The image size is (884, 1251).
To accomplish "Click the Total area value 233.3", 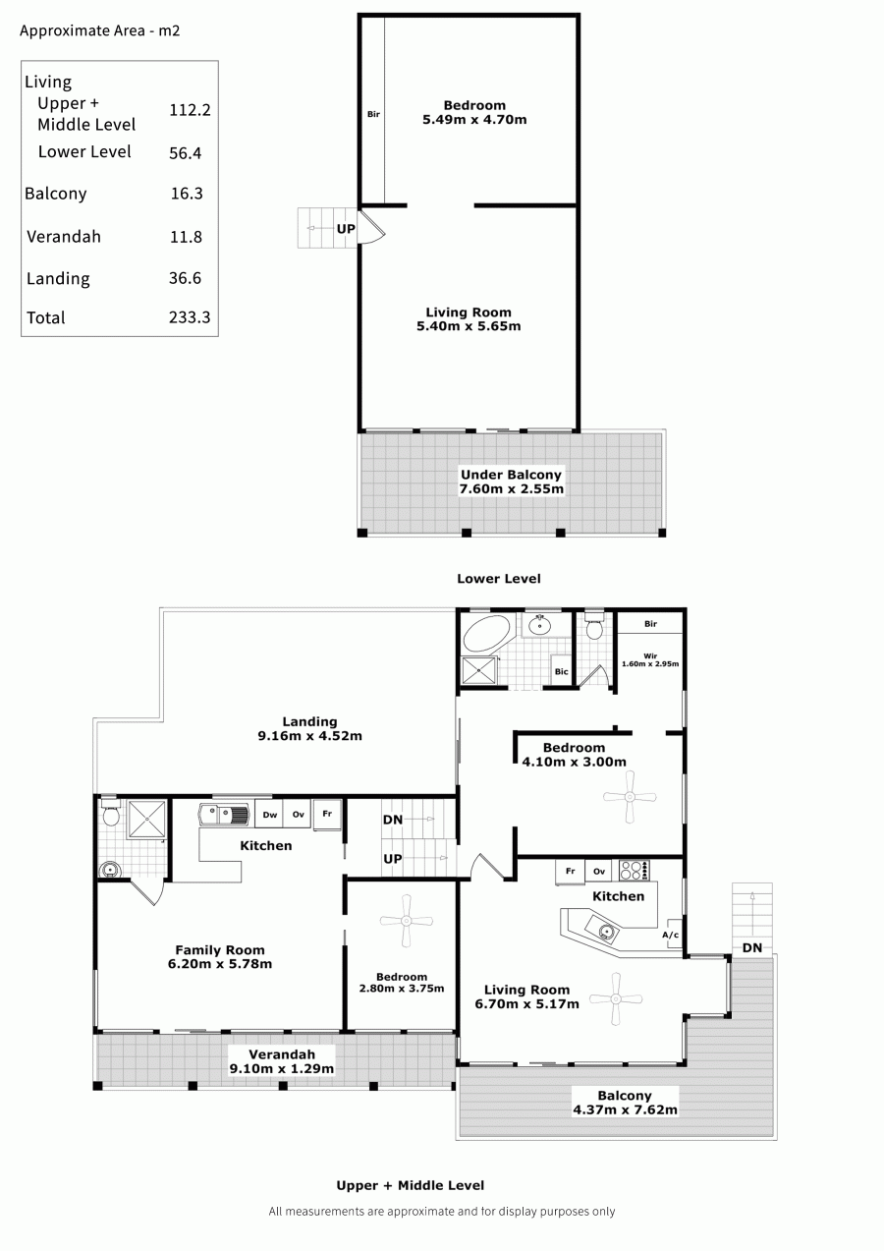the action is pyautogui.click(x=190, y=317).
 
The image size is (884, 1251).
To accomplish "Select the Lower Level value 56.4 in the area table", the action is pyautogui.click(x=186, y=153).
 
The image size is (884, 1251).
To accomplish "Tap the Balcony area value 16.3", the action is pyautogui.click(x=187, y=194).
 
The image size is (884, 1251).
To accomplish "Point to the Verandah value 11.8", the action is pyautogui.click(x=186, y=237).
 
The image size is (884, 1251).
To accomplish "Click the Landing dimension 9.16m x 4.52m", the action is pyautogui.click(x=309, y=736).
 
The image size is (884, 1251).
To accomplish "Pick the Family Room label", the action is pyautogui.click(x=220, y=949).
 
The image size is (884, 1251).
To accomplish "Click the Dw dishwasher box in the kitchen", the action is pyautogui.click(x=269, y=815).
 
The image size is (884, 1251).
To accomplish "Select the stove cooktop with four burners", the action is pyautogui.click(x=635, y=871).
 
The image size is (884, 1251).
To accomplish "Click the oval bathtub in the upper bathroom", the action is pyautogui.click(x=487, y=633).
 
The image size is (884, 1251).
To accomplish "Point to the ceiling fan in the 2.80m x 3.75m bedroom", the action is pyautogui.click(x=407, y=921).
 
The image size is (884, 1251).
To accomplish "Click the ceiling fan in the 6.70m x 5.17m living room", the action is pyautogui.click(x=616, y=999).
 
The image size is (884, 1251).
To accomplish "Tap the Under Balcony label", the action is pyautogui.click(x=511, y=475).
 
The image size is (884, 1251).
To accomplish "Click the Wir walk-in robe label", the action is pyautogui.click(x=650, y=656).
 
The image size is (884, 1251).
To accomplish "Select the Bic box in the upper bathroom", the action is pyautogui.click(x=562, y=671).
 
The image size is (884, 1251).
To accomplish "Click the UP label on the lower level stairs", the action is pyautogui.click(x=346, y=228).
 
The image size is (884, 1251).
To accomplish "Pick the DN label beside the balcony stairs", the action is pyautogui.click(x=752, y=947).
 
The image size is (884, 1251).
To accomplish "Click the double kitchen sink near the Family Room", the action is pyautogui.click(x=224, y=815).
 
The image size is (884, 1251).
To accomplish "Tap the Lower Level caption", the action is pyautogui.click(x=499, y=579).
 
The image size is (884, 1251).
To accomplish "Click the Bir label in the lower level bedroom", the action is pyautogui.click(x=373, y=114).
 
